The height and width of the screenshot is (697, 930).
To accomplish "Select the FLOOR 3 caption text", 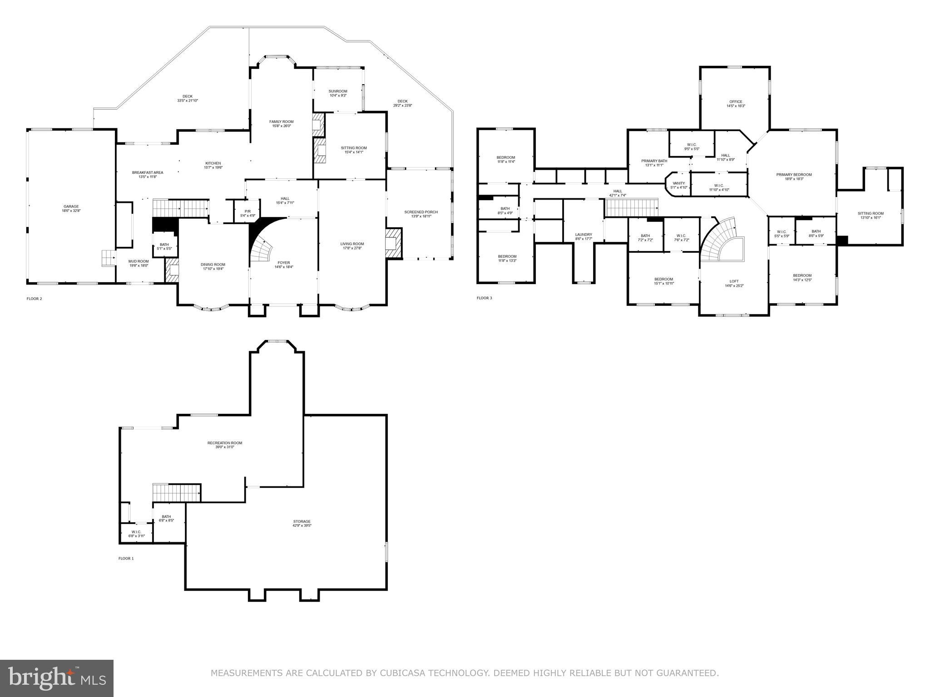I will point(484,298).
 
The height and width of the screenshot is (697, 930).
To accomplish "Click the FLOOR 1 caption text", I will point(126,559).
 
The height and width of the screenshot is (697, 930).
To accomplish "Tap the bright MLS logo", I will point(57,678).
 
